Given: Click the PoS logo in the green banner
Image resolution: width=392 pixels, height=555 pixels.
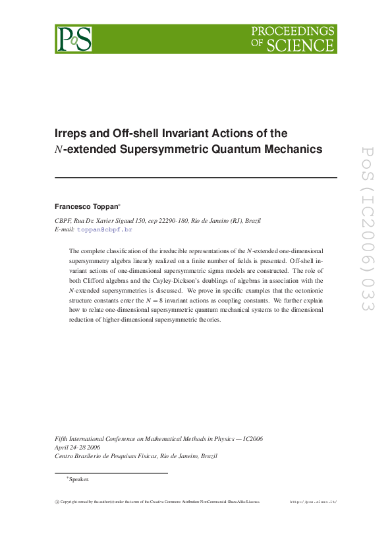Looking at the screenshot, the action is pyautogui.click(x=73, y=39).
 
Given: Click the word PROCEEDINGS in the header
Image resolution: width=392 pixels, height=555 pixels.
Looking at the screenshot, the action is pyautogui.click(x=294, y=32).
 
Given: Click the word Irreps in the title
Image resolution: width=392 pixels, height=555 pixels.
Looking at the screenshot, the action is pyautogui.click(x=70, y=133).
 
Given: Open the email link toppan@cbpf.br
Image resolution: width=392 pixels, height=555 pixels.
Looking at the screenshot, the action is pyautogui.click(x=105, y=229).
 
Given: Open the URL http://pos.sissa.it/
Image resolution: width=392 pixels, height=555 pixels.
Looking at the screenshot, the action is pyautogui.click(x=313, y=502).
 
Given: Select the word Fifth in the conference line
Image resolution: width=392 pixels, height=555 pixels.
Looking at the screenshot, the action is pyautogui.click(x=61, y=438).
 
